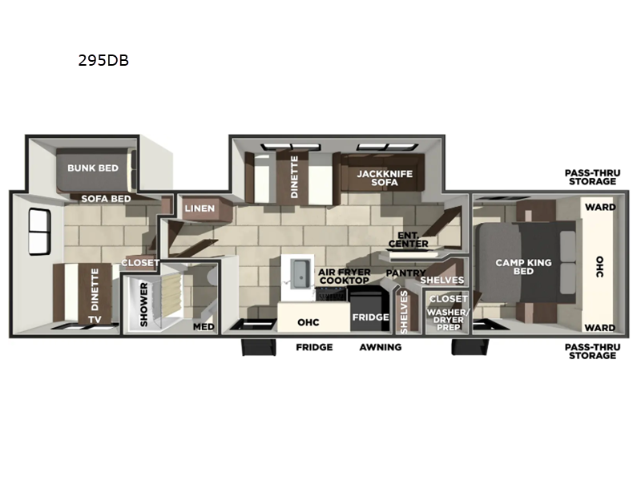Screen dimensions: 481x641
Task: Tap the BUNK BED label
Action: pyautogui.click(x=92, y=168)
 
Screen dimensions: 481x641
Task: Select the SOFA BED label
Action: pyautogui.click(x=107, y=197)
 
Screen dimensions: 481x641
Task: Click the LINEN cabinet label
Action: pyautogui.click(x=200, y=208)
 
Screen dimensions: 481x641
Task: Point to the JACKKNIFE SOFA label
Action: pyautogui.click(x=378, y=178)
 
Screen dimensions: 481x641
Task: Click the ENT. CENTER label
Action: pyautogui.click(x=408, y=239)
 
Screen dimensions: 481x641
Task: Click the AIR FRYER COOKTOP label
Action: pyautogui.click(x=344, y=276)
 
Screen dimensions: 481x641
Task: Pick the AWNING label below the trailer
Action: pyautogui.click(x=381, y=347)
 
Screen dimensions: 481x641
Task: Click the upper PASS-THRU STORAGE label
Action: pyautogui.click(x=590, y=177)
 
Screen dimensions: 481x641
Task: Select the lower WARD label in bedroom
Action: pyautogui.click(x=600, y=327)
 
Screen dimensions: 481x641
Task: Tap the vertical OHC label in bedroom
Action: pyautogui.click(x=602, y=267)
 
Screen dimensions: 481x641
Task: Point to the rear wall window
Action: pyautogui.click(x=37, y=230)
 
